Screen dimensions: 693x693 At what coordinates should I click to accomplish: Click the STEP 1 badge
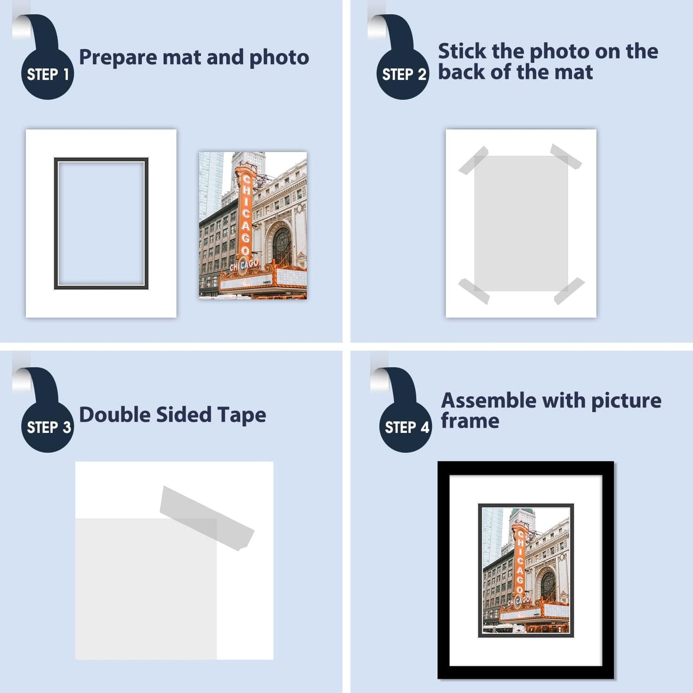point(47,74)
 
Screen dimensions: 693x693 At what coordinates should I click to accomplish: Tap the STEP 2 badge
point(403,74)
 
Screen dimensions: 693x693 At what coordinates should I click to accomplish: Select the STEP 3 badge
point(47,427)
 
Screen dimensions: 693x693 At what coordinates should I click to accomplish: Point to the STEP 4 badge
point(406,427)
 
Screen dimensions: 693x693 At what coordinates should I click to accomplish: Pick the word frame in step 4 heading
point(470,421)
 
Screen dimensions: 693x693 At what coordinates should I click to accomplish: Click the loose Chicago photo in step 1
point(253,225)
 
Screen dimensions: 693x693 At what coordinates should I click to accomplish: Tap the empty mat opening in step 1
point(101,223)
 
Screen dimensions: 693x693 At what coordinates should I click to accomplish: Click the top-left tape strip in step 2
point(474,160)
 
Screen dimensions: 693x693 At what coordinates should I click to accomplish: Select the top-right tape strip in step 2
point(566,156)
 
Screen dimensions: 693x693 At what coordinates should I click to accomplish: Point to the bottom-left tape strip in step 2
point(474,291)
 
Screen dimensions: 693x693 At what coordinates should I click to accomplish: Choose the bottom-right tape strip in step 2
point(569,291)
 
